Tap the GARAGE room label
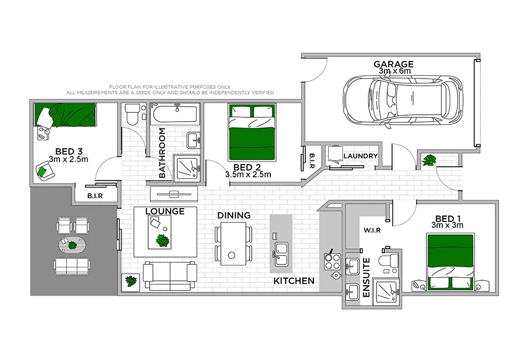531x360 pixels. tap(393, 64)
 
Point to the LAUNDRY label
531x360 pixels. tap(361, 156)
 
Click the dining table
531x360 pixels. tap(233, 243)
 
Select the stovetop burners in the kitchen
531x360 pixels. tap(332, 261)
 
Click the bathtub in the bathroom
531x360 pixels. tap(174, 114)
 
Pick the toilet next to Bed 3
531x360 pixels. tap(132, 114)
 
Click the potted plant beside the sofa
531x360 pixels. tap(130, 281)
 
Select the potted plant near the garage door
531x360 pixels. tap(428, 159)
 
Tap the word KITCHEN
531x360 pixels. tap(294, 281)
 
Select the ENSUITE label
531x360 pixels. tap(366, 277)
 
